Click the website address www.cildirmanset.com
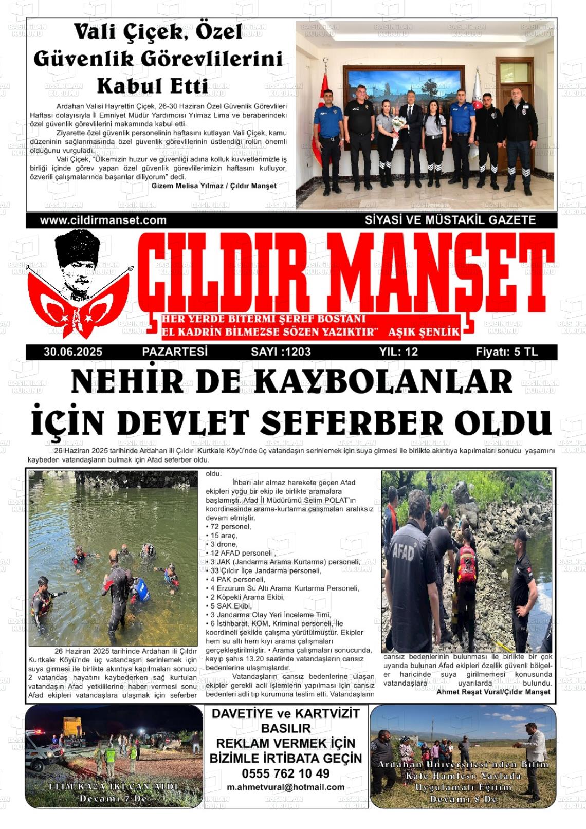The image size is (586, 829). [103, 220]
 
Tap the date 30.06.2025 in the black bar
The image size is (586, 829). [73, 352]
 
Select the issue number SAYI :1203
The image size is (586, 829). [281, 352]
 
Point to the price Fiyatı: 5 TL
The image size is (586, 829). [506, 352]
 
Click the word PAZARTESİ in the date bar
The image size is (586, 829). [175, 352]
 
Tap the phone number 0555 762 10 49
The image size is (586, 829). [286, 773]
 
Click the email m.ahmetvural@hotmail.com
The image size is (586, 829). [286, 787]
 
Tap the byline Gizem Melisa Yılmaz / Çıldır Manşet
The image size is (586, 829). [214, 186]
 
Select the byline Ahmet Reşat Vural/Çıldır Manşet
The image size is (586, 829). [493, 692]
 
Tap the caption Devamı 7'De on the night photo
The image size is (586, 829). [113, 799]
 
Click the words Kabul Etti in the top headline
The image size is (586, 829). [152, 86]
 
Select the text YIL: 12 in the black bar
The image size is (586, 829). [398, 352]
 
